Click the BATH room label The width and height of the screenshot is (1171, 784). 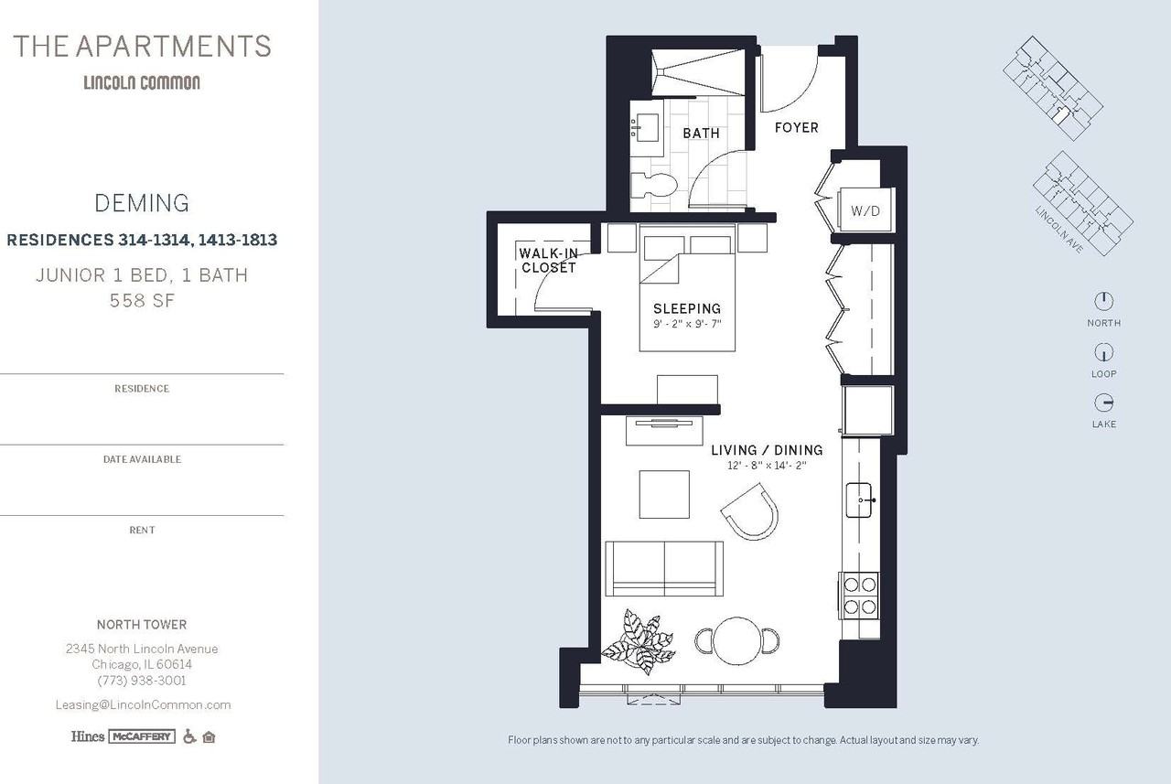701,134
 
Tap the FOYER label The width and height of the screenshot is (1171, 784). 796,128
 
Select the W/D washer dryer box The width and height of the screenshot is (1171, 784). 865,211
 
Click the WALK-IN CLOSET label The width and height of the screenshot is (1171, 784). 548,261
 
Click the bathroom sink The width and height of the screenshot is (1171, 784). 648,128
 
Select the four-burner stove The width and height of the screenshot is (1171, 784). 860,595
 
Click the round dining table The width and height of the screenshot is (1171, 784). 737,640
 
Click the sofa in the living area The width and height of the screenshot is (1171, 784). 664,568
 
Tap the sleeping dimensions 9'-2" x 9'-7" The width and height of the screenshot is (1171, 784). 686,324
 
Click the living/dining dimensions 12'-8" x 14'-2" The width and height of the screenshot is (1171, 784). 767,466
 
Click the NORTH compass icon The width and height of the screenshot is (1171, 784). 1103,301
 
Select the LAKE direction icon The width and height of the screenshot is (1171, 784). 1103,403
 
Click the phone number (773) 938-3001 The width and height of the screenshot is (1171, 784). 142,681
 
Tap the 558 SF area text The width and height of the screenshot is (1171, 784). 142,300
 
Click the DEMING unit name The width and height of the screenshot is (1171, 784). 142,203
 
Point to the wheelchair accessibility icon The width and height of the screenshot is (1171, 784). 189,736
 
